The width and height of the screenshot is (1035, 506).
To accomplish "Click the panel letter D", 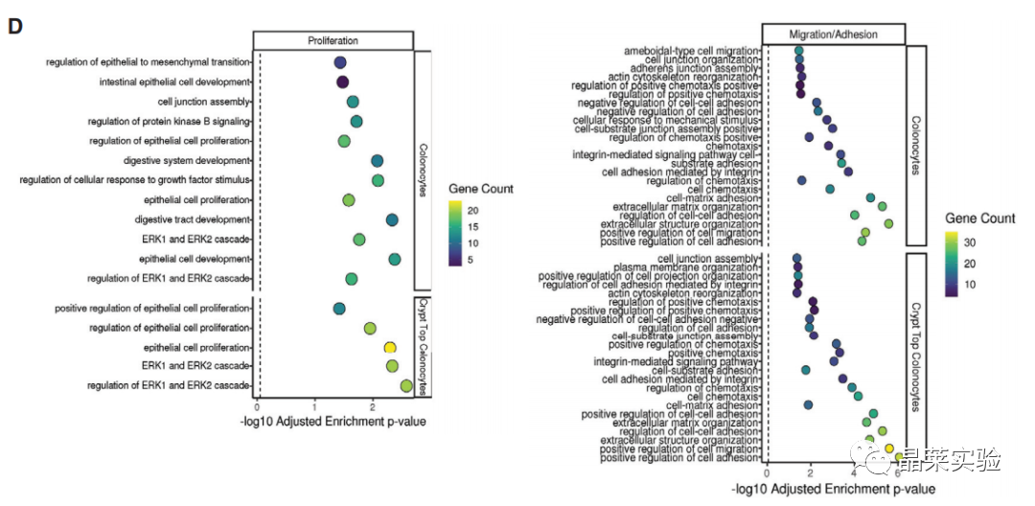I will point(15,25).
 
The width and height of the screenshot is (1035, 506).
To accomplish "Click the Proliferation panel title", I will point(333,41).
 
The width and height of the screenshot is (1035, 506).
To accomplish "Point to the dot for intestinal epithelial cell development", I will point(342,82).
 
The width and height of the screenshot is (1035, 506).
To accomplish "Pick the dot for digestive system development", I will point(377,161).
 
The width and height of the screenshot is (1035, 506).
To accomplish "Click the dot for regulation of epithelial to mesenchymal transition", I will point(339,62).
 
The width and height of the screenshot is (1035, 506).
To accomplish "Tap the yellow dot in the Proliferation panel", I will point(390,347).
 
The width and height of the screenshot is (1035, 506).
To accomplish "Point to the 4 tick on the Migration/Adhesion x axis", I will point(854,472).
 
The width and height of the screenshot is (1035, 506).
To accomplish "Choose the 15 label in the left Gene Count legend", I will point(471,226).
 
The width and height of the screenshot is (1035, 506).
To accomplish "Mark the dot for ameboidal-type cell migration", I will point(798,51).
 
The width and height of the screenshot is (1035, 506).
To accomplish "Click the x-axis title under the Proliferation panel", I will point(333,422).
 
